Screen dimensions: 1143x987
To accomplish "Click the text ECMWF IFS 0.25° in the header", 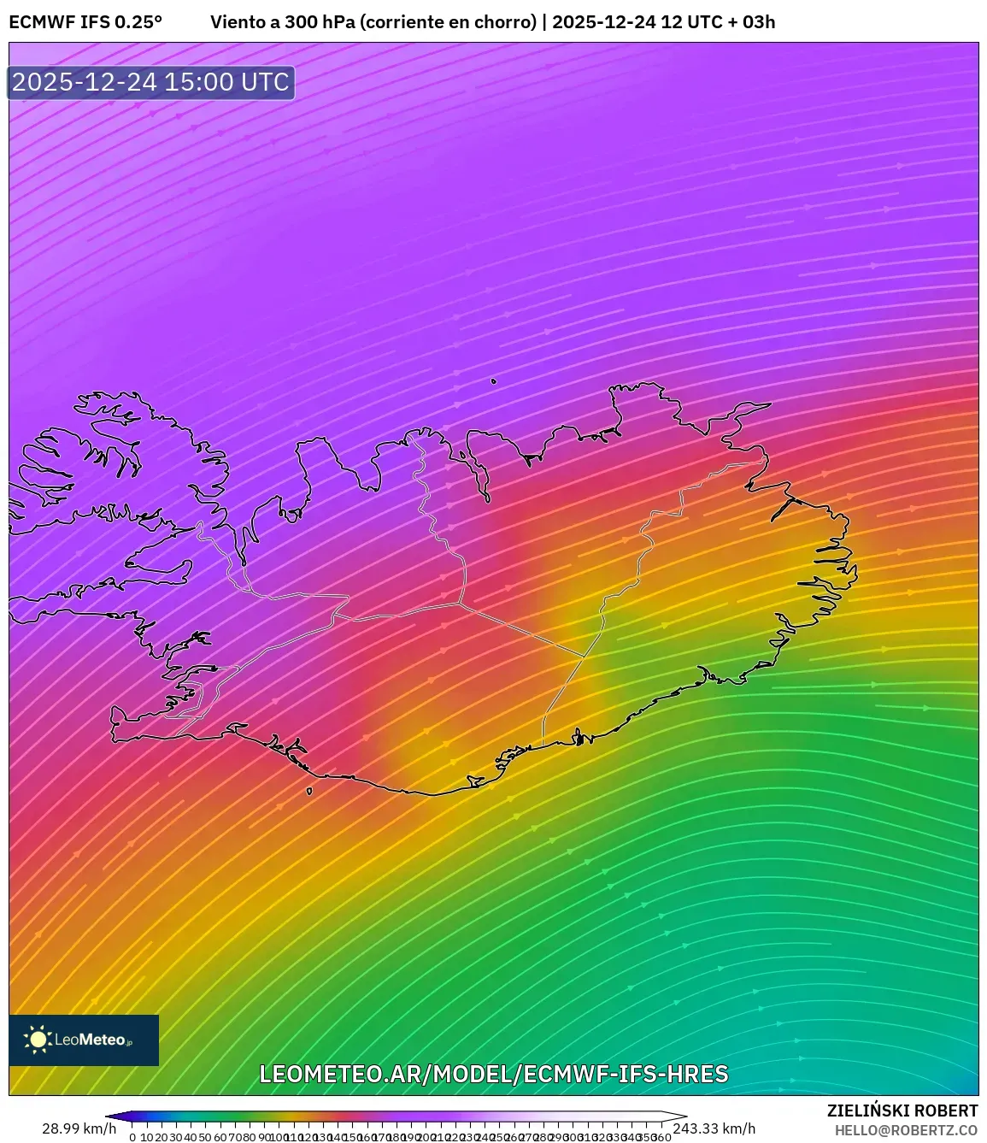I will (x=85, y=22).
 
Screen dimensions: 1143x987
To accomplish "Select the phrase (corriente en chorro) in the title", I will (x=449, y=22).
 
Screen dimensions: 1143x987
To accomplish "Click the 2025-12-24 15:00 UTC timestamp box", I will (x=151, y=82).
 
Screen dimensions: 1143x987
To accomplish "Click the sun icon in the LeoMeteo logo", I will (x=38, y=1040).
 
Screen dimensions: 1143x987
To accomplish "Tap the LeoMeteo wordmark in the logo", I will (x=91, y=1040).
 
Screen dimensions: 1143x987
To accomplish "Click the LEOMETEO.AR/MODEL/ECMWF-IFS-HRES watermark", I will (x=493, y=1074).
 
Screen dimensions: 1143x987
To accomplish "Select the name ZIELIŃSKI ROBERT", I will (x=902, y=1111).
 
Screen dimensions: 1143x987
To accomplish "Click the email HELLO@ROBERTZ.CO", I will (x=906, y=1130).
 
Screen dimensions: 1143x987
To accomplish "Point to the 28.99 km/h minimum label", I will (x=79, y=1128).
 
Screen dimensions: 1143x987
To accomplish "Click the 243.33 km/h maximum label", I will (x=714, y=1128).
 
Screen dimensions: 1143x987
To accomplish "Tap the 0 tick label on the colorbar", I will (x=132, y=1137).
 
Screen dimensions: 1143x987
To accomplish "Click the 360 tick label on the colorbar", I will (x=661, y=1137).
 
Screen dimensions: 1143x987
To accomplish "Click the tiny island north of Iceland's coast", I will (x=493, y=381).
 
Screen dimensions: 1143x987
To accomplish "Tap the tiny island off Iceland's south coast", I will (x=309, y=791).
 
